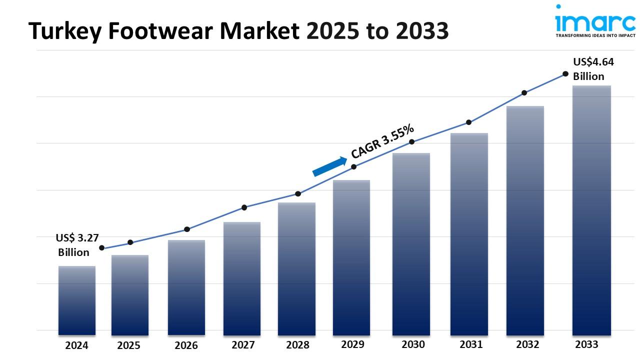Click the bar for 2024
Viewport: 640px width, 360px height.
[76, 300]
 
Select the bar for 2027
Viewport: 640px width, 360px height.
[242, 278]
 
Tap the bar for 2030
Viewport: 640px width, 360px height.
[411, 243]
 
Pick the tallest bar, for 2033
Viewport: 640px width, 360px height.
[591, 210]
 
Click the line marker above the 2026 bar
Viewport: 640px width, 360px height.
[187, 229]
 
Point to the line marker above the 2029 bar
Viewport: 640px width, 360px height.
[353, 166]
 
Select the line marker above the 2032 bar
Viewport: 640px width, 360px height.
[524, 93]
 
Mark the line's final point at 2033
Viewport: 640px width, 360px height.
[565, 73]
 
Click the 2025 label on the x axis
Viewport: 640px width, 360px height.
[128, 345]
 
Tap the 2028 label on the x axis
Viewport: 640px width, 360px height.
[297, 345]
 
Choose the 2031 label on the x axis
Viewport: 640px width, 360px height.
[470, 344]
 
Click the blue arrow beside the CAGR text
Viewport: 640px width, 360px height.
[330, 166]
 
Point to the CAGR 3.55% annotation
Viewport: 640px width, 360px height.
[382, 141]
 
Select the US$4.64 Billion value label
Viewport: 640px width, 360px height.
[592, 69]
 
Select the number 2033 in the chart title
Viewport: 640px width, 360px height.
[422, 31]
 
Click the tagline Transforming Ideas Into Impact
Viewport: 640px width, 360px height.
[595, 35]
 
